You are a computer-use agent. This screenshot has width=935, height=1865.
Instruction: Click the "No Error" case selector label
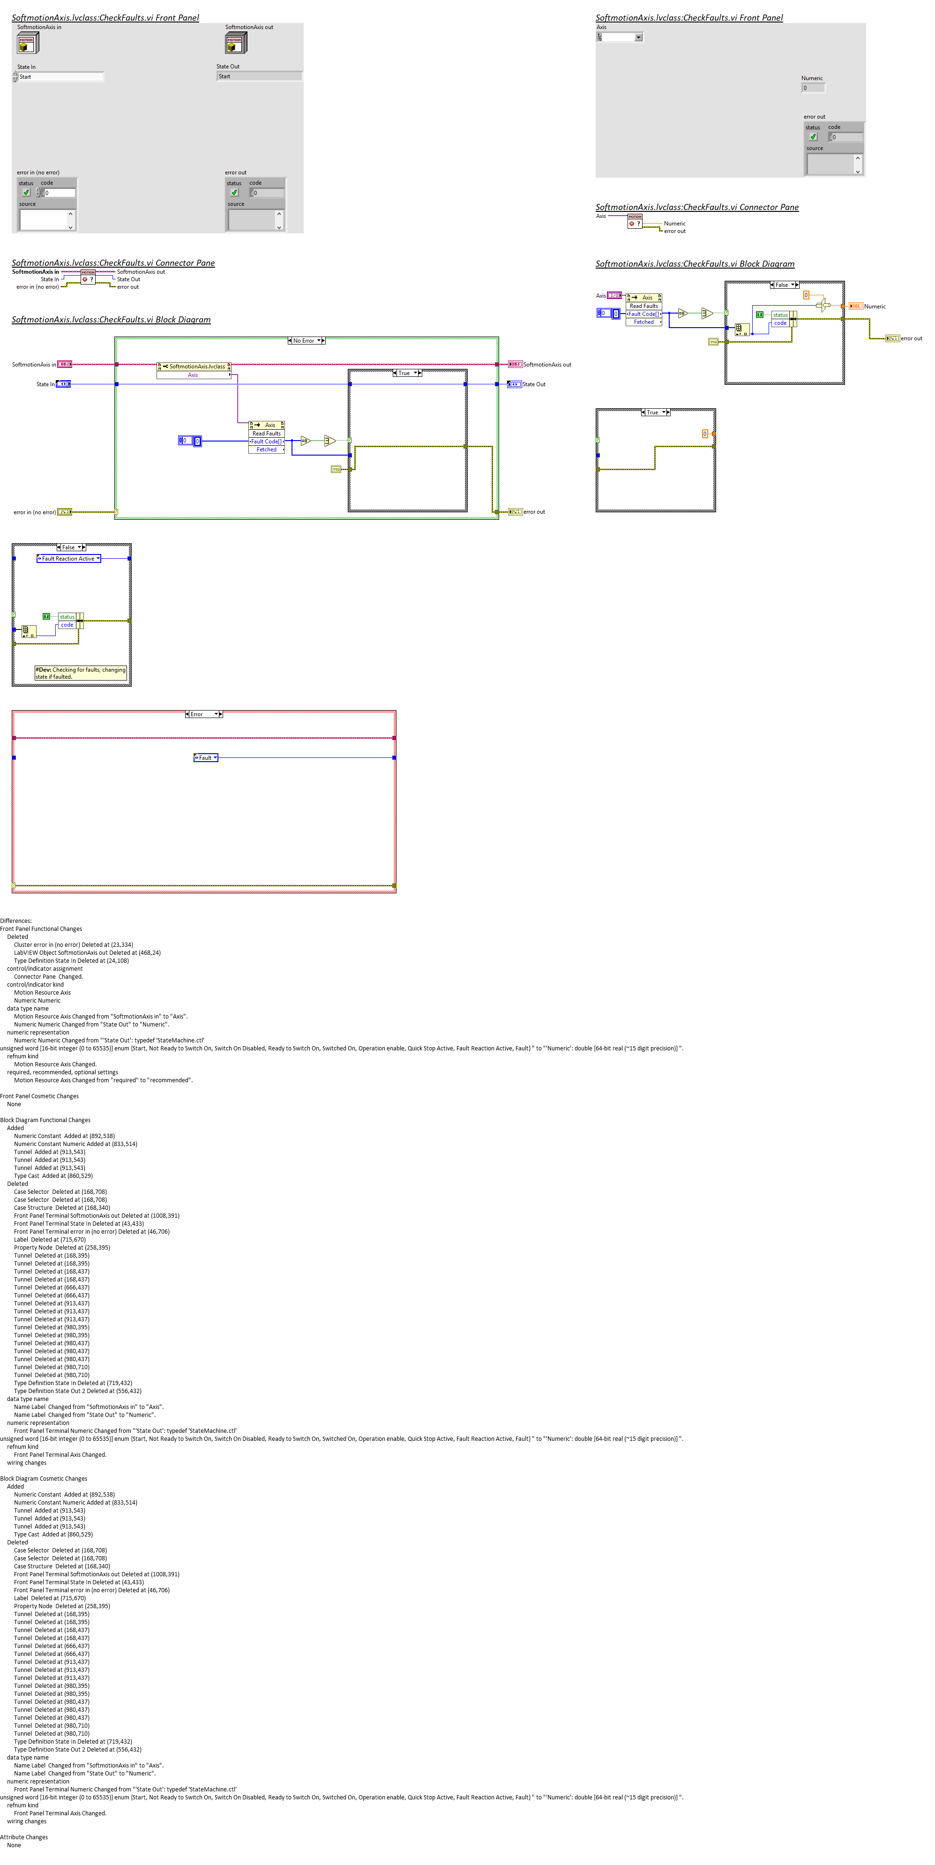(x=305, y=340)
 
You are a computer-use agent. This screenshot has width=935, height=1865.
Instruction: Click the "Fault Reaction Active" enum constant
(x=68, y=558)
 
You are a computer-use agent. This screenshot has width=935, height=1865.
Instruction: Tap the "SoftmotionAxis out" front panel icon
(x=235, y=44)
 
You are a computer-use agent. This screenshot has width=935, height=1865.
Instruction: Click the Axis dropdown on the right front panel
(x=620, y=37)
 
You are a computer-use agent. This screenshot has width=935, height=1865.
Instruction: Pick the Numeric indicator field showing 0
(x=813, y=88)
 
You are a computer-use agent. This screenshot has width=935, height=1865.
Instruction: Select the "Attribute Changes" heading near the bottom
(x=24, y=1837)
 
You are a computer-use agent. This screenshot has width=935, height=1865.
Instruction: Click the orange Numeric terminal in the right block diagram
(x=855, y=306)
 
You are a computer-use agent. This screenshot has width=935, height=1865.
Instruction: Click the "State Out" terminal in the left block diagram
(x=514, y=384)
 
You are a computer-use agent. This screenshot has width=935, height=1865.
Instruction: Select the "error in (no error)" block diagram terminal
(x=64, y=512)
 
